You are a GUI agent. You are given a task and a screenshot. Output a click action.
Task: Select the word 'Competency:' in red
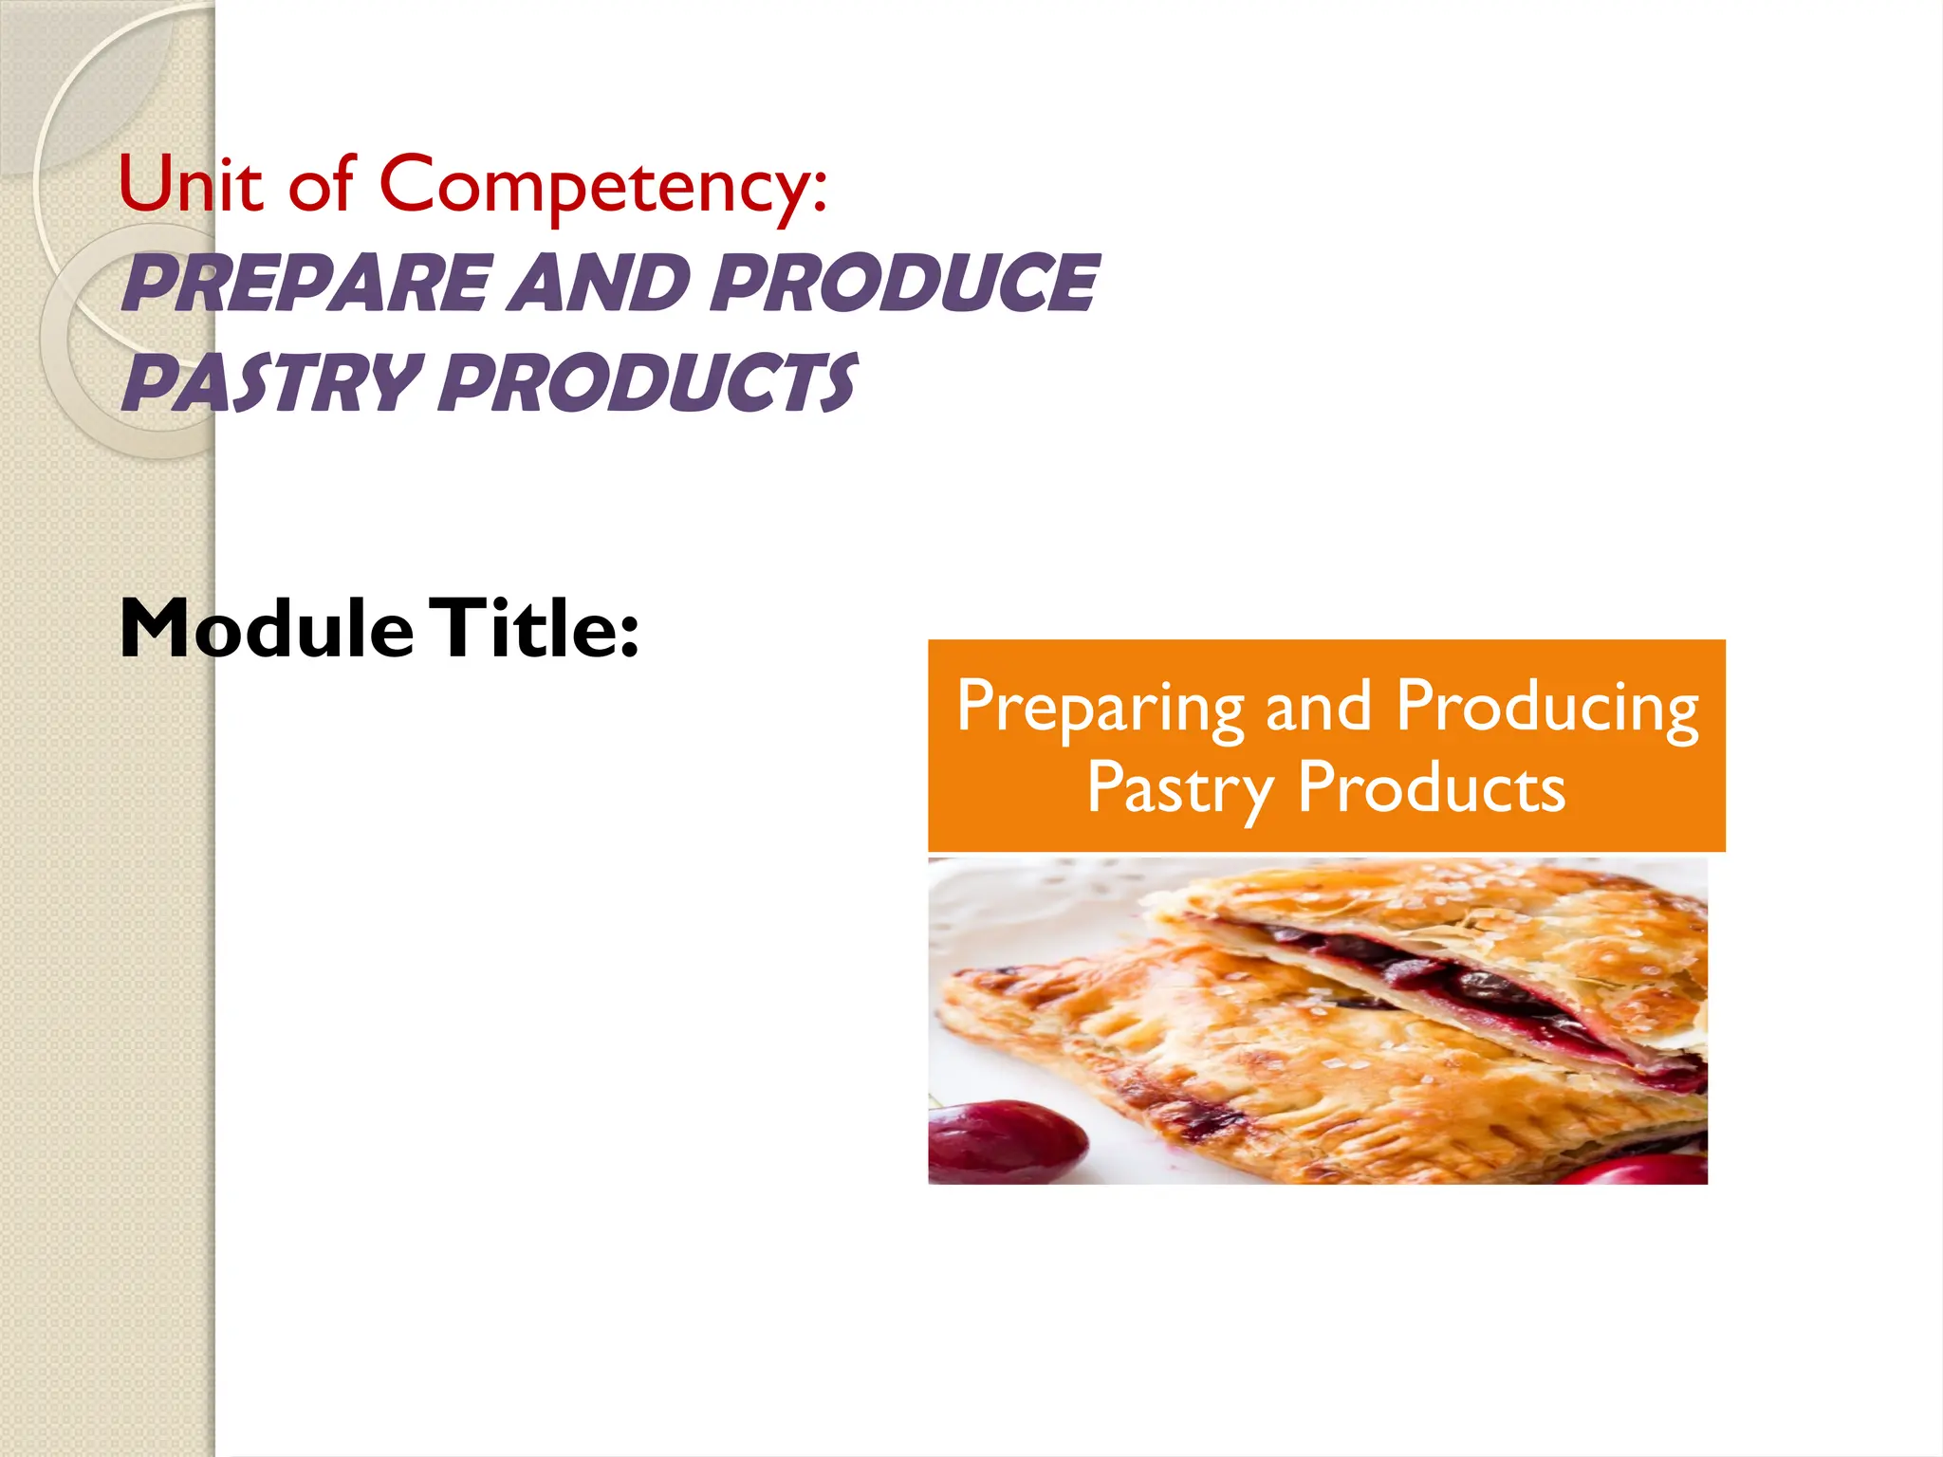[603, 186]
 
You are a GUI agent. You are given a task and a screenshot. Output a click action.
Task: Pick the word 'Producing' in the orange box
[1546, 708]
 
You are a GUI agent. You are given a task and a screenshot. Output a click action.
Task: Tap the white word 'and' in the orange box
[1319, 708]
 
